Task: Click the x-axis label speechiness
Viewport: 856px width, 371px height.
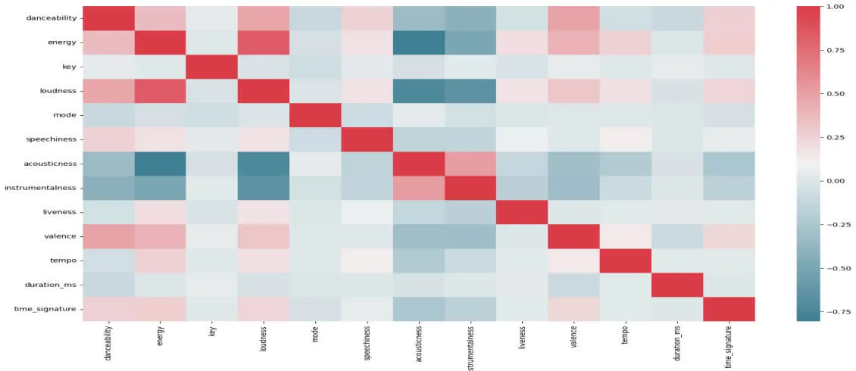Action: pos(367,344)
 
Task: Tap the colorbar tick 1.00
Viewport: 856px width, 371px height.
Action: pos(835,6)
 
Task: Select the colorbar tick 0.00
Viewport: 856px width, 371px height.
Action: pos(835,181)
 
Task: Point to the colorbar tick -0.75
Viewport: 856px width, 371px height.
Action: pos(833,311)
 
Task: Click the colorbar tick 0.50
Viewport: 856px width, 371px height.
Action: pos(835,94)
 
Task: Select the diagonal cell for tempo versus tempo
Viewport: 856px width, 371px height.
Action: pos(626,260)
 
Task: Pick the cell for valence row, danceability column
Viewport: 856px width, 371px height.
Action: pos(108,236)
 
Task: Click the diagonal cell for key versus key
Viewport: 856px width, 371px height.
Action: pos(212,66)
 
